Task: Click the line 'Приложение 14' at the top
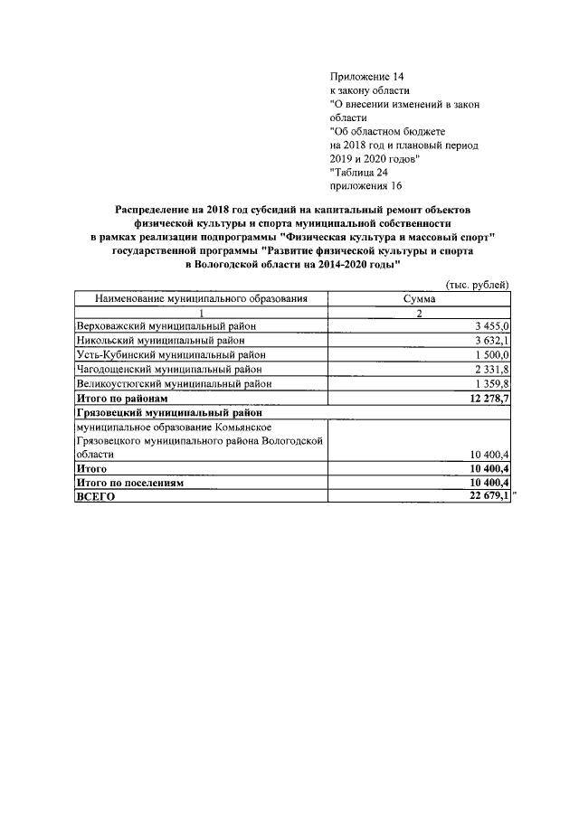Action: coord(365,77)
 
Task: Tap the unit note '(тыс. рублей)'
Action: coord(478,284)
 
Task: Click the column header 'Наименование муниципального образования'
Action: coord(199,297)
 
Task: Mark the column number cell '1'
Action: coord(199,312)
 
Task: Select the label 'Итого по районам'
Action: coord(122,398)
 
